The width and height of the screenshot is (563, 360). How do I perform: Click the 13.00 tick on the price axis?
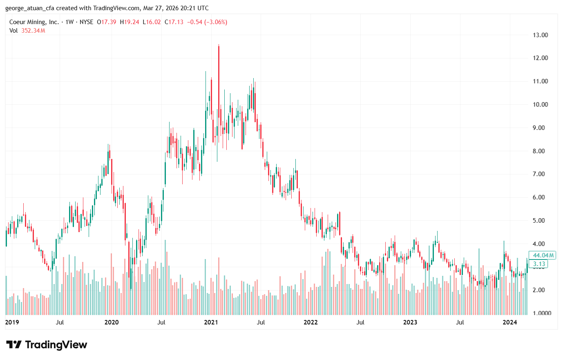click(x=540, y=35)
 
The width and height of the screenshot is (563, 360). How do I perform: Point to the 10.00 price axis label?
click(x=540, y=105)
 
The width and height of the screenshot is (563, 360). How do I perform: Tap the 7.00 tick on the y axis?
click(x=540, y=174)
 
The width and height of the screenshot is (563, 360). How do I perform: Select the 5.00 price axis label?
click(x=540, y=221)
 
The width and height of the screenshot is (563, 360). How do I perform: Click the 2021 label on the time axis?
click(x=211, y=322)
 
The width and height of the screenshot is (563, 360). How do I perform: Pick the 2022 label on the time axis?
click(x=311, y=322)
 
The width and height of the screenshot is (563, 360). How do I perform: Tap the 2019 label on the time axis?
click(x=12, y=322)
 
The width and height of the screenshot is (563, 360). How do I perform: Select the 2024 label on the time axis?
click(x=509, y=322)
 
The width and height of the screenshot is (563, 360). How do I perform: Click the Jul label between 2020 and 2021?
click(x=161, y=322)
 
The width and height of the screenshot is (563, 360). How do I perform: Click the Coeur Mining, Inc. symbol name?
click(x=34, y=22)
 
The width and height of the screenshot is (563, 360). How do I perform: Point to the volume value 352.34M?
click(x=33, y=31)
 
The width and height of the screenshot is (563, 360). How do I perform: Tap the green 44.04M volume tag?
click(x=543, y=255)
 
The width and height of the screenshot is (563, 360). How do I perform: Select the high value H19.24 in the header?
click(x=130, y=22)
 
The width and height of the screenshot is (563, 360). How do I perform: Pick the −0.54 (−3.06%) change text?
click(x=207, y=22)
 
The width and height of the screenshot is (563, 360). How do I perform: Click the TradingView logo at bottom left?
click(x=47, y=345)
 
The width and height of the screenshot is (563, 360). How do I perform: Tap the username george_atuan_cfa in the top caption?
click(x=30, y=8)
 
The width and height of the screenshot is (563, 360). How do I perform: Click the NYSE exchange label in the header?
click(x=86, y=22)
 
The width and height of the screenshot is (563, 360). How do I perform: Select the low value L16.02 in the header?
click(x=152, y=22)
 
